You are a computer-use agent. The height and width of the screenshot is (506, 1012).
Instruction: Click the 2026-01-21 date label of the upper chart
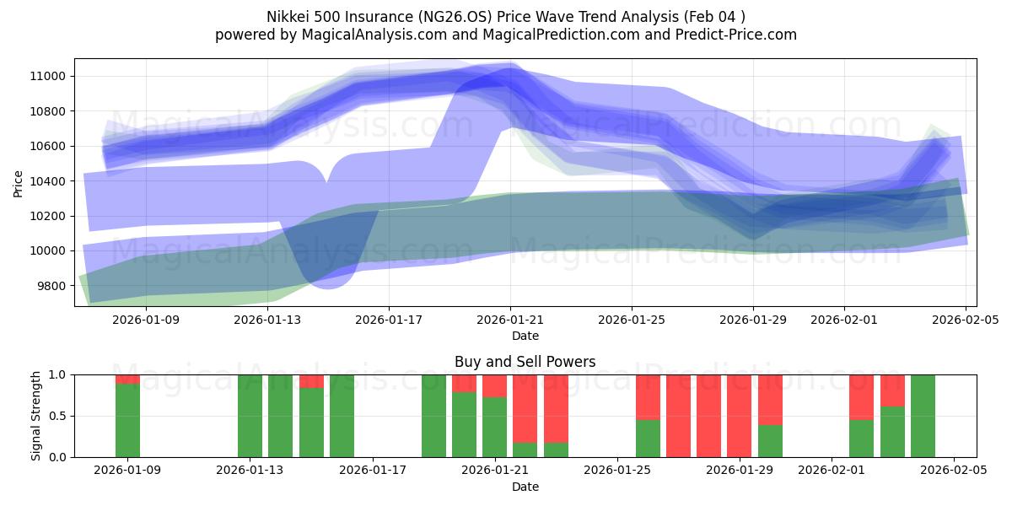(510, 320)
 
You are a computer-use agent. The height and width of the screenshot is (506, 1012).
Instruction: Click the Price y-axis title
(19, 183)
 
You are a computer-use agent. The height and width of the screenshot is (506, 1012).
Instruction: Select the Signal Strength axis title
(35, 416)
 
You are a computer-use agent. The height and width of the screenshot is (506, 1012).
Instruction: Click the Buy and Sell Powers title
(525, 362)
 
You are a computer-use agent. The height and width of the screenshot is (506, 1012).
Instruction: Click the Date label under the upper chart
(525, 336)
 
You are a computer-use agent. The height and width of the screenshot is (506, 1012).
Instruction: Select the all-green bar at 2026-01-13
(250, 416)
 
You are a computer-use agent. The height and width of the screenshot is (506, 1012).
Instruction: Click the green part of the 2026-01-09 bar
(127, 422)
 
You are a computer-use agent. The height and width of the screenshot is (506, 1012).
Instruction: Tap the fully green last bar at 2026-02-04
(923, 416)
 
